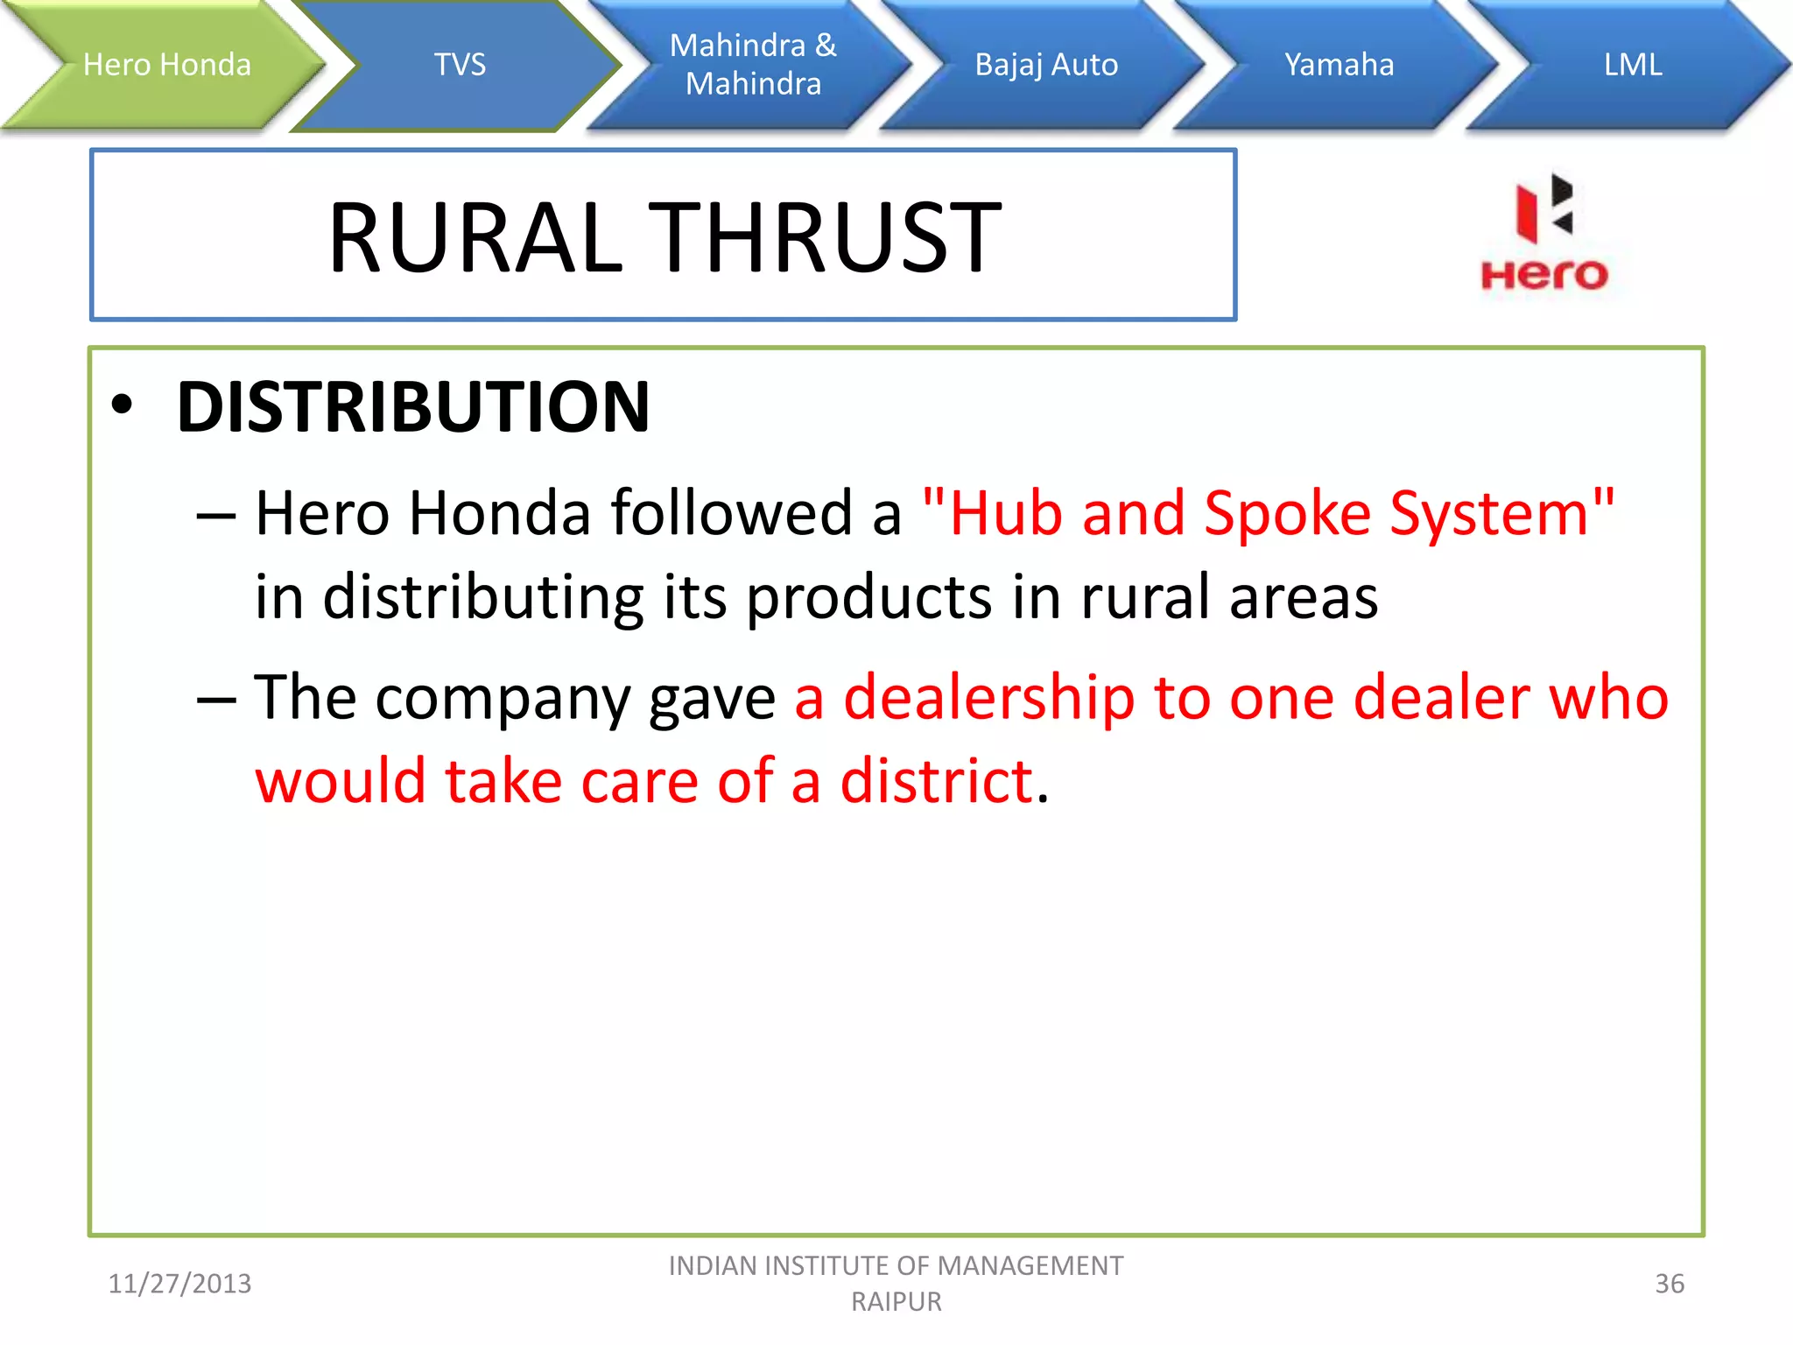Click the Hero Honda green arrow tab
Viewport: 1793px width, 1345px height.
(166, 65)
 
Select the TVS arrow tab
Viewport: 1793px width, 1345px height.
(460, 65)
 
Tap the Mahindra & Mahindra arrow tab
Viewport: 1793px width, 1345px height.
(753, 65)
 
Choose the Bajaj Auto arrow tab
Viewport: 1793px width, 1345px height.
(1046, 65)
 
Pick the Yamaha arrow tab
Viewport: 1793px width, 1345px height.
(1339, 65)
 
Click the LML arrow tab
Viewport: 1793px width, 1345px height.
(1632, 65)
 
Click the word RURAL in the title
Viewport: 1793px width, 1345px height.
(475, 237)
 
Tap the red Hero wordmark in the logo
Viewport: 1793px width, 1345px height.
(1543, 275)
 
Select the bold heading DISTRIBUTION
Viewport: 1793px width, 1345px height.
(413, 407)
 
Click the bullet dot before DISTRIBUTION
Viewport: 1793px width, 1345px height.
(123, 405)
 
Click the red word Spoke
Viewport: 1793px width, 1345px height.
(1287, 513)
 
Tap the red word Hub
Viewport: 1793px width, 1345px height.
(1006, 513)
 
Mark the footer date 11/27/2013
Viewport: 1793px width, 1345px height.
(179, 1284)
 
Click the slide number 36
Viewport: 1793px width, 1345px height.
(1670, 1284)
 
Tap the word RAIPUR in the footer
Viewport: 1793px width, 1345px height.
(896, 1302)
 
